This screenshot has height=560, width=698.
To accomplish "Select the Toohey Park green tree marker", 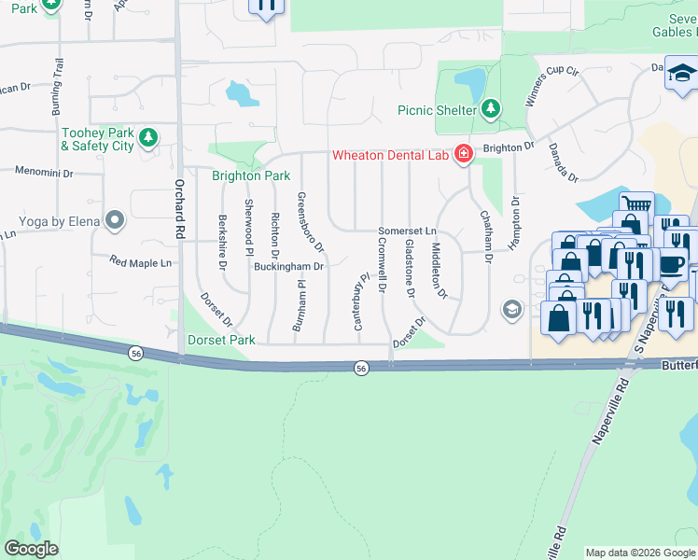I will point(147,139).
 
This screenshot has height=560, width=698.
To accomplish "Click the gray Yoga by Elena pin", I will point(115,221).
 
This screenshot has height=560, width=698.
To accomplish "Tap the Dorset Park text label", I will point(221,341).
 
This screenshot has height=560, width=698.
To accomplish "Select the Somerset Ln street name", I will point(407,231).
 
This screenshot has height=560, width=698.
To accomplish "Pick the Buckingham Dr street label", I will point(288,266).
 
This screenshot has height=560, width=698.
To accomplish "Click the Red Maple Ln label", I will point(141,263).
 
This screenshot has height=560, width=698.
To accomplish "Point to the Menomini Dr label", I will point(44,171).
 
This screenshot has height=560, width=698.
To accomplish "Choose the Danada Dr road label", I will point(563,162).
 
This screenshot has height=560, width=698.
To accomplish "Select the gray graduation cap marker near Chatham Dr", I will point(511,309).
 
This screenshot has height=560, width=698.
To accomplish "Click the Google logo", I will point(32,549).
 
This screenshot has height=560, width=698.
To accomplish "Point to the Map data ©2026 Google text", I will point(640,553).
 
